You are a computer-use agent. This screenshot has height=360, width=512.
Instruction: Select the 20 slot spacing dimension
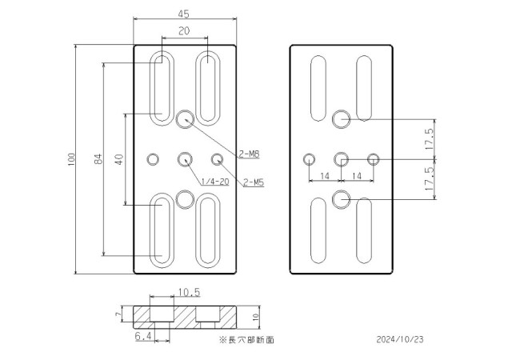click(185, 30)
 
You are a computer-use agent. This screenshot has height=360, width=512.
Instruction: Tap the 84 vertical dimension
click(98, 159)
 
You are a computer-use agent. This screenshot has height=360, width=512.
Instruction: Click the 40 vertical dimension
click(118, 159)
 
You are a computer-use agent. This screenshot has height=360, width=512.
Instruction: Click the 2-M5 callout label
click(254, 182)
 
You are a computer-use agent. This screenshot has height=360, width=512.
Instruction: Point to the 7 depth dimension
click(118, 316)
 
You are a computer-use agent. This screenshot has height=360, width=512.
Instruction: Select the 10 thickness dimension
click(257, 318)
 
